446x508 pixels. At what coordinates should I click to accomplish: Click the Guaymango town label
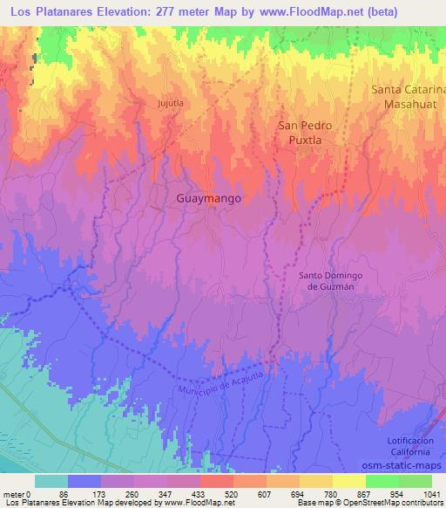click(208, 198)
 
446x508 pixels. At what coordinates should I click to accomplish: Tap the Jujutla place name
click(170, 102)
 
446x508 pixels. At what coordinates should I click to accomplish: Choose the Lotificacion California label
click(408, 443)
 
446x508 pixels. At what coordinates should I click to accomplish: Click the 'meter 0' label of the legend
click(18, 494)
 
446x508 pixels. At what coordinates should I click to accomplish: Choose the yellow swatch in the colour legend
click(349, 481)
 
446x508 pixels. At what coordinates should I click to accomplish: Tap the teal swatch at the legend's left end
click(51, 481)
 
